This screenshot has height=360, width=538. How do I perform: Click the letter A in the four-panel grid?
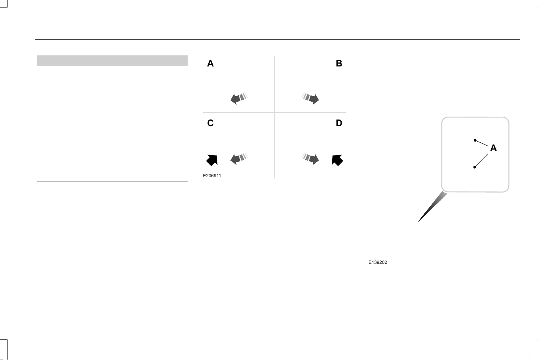210,63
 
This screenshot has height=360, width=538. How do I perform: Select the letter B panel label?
339,63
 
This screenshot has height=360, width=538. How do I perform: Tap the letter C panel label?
210,123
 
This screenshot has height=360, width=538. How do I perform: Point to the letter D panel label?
339,123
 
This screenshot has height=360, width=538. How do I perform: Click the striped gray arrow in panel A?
239,98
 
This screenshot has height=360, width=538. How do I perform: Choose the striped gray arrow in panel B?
310,98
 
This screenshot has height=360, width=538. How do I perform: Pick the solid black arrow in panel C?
212,160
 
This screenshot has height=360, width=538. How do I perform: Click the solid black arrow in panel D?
337,160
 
